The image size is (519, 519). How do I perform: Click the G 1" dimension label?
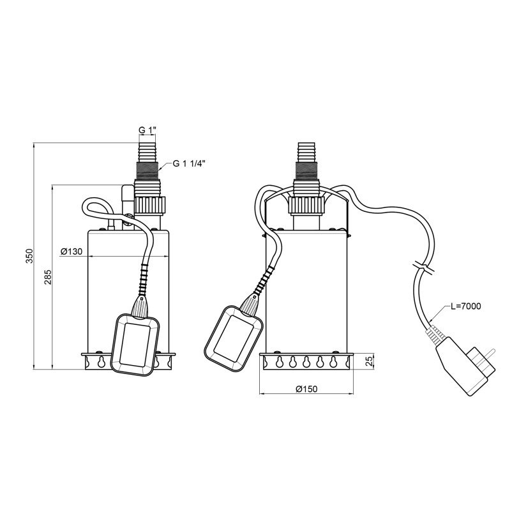(x=147, y=130)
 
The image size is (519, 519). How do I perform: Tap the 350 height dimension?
(x=30, y=255)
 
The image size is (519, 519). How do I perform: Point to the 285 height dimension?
(x=49, y=276)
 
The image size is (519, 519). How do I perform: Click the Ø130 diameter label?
(x=71, y=252)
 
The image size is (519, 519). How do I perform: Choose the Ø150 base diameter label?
(x=306, y=389)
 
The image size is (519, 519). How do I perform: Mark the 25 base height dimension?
(x=370, y=361)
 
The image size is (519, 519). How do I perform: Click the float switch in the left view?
(x=135, y=344)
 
